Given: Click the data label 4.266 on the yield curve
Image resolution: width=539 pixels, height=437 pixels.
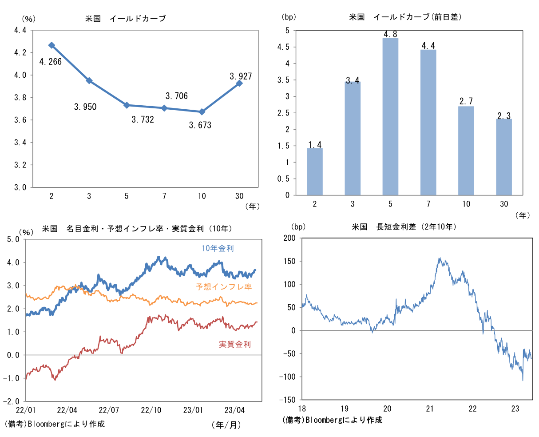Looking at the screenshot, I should (50, 62).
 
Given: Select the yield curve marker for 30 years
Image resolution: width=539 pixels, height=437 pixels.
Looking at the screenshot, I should (239, 83).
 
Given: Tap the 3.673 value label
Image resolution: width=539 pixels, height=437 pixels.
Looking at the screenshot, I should (200, 125).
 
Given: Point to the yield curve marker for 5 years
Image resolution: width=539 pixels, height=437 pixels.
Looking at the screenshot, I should (127, 105).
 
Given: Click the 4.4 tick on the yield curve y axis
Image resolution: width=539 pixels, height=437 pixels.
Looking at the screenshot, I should (20, 30).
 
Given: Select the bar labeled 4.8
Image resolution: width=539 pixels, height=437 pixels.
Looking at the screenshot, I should (390, 116).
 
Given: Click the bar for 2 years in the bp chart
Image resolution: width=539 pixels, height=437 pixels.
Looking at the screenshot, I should (315, 171).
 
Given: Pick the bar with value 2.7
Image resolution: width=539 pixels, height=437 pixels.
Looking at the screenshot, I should (466, 151).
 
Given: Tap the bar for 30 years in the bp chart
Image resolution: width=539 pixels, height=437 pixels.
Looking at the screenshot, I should (504, 157).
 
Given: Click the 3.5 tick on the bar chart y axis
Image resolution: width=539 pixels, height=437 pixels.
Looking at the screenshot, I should (283, 80).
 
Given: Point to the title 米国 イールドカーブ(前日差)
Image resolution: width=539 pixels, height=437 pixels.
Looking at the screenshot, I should (405, 17).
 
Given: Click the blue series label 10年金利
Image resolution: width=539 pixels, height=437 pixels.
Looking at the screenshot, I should (218, 248).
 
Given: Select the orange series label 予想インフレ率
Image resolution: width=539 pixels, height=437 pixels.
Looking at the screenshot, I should (224, 287).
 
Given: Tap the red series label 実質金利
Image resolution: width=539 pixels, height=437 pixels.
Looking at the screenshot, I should (235, 344).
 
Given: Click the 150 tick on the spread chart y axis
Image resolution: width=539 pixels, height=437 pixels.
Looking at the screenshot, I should (289, 261).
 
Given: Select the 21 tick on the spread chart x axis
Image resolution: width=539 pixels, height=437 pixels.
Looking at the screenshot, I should (429, 409).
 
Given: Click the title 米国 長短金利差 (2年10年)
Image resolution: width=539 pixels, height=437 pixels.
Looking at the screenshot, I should (404, 227).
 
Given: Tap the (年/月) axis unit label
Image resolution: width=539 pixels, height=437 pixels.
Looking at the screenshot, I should (226, 425).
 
